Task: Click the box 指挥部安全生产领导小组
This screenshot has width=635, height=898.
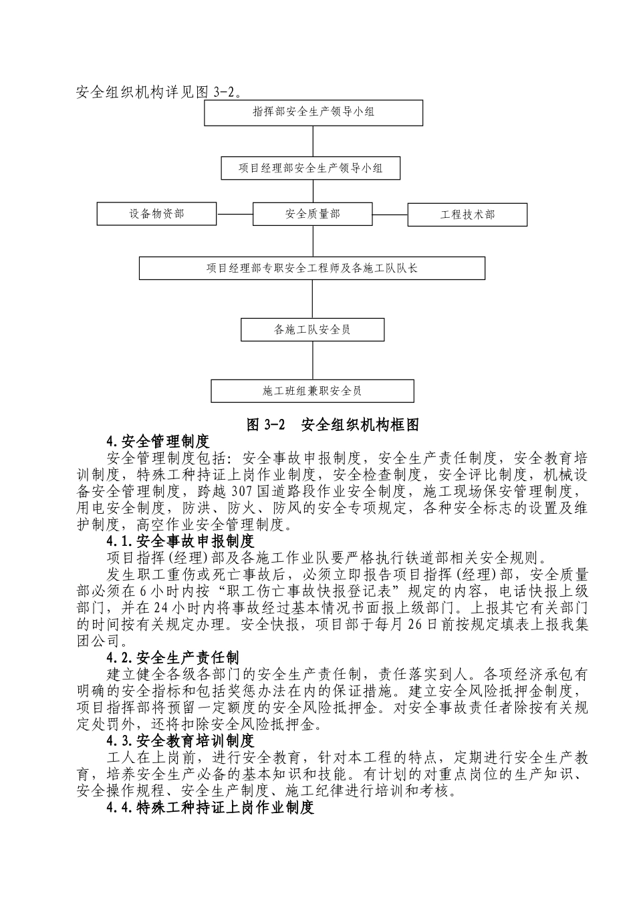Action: coord(313,112)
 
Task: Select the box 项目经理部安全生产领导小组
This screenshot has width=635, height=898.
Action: coord(311,168)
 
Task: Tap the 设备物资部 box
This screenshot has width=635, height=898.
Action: coord(156,214)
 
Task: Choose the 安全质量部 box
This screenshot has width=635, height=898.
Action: coord(312,214)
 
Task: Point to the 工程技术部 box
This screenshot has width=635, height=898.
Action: coord(467,214)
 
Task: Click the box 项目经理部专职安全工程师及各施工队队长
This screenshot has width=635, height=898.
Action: coord(311,268)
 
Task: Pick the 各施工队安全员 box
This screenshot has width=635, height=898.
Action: coord(313,329)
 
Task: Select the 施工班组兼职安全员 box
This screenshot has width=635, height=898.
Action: coord(312,391)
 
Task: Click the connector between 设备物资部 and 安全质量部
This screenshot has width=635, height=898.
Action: coord(235,214)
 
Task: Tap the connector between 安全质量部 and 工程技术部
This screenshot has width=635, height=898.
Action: coord(390,214)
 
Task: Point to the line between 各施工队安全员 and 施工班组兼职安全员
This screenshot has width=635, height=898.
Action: coord(313,360)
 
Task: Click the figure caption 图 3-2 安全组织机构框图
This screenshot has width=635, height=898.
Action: coord(332,425)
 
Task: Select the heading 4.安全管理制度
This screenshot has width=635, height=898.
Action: coord(158,441)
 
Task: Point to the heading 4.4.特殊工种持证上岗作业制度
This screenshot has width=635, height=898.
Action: coord(210,808)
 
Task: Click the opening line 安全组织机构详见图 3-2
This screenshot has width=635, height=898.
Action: coord(159,92)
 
